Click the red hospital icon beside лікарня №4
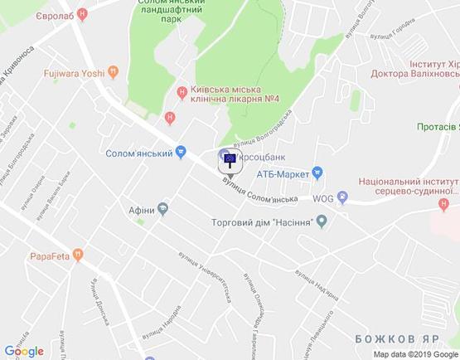(x=182, y=90)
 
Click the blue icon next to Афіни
(x=163, y=209)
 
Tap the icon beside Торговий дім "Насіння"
(x=323, y=221)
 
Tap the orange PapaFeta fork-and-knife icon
(x=77, y=255)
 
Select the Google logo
(x=23, y=351)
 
